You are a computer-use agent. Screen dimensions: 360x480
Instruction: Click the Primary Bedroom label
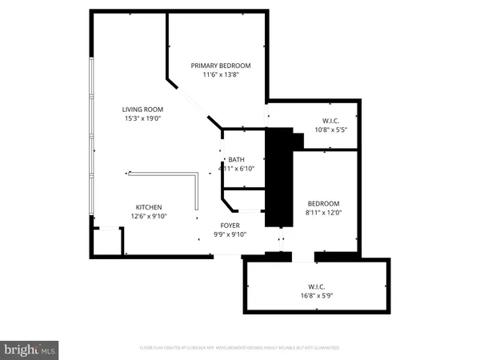[x=221, y=65]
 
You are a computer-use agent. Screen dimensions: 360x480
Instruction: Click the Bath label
[x=236, y=159]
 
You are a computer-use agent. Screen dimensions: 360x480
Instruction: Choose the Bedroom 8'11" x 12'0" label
[x=324, y=203]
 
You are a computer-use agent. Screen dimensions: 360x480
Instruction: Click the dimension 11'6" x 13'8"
[x=221, y=74]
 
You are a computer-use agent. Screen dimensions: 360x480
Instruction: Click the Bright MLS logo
[x=30, y=350]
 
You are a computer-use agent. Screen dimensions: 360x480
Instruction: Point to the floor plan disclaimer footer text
[x=240, y=349]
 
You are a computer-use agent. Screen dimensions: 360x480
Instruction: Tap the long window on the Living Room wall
[x=93, y=136]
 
